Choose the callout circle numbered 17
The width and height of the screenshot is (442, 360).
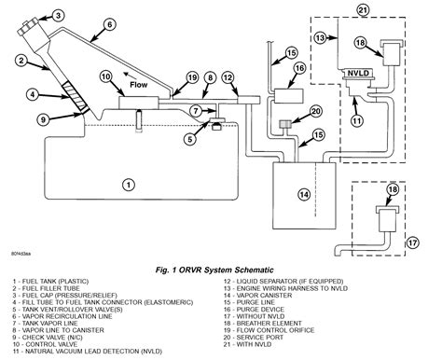(x=415, y=242)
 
